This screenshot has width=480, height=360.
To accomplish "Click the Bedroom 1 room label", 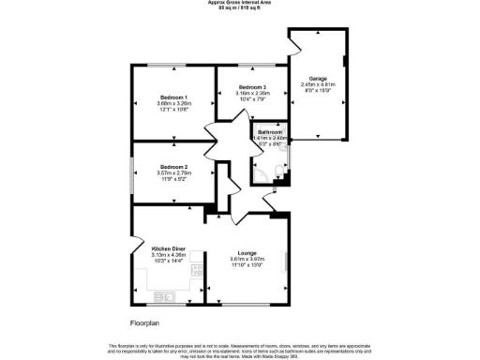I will pyautogui.click(x=172, y=97).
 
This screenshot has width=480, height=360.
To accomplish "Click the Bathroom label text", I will pyautogui.click(x=270, y=131).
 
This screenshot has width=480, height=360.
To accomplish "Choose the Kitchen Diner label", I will pyautogui.click(x=169, y=248).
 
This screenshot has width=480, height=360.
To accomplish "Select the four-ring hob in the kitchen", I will pyautogui.click(x=197, y=270).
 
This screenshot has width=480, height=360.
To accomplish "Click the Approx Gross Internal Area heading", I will pyautogui.click(x=240, y=3).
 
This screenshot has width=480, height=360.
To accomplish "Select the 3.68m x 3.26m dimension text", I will pyautogui.click(x=172, y=103).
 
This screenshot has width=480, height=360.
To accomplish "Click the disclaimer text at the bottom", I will pyautogui.click(x=240, y=350).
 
